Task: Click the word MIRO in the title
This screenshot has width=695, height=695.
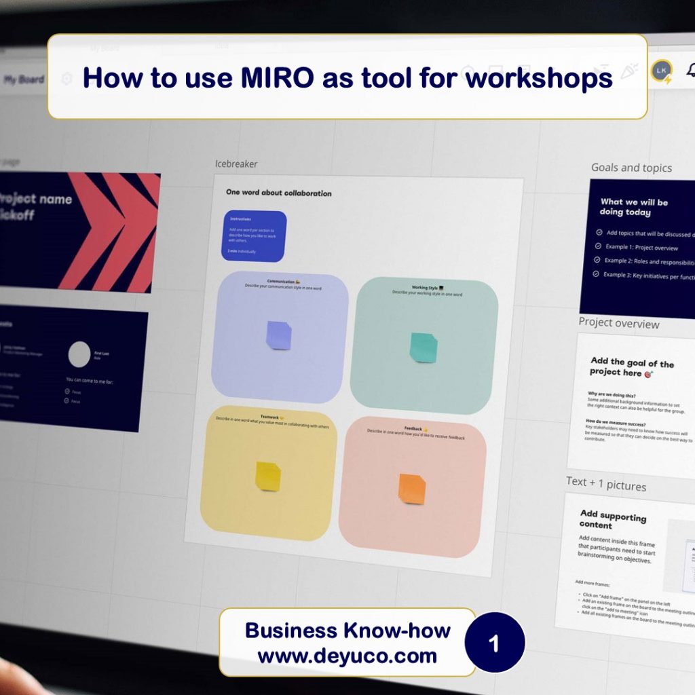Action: click(278, 78)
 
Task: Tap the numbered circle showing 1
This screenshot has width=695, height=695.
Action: click(494, 643)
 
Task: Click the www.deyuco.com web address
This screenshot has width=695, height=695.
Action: click(347, 656)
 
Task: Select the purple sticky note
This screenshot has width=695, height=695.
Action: click(278, 335)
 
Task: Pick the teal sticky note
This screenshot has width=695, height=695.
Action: click(423, 347)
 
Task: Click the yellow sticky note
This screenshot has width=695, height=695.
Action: click(267, 476)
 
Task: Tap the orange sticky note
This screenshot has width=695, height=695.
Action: click(412, 489)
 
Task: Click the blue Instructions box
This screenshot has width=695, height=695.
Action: click(255, 236)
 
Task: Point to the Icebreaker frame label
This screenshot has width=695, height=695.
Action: click(236, 164)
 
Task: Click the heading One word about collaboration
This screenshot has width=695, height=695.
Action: click(279, 193)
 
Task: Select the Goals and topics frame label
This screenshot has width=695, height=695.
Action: click(631, 168)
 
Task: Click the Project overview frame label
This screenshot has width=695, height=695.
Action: click(618, 323)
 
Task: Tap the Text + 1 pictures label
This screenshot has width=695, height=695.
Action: click(606, 483)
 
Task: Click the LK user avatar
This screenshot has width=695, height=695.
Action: click(661, 71)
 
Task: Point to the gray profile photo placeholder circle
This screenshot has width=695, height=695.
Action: click(79, 354)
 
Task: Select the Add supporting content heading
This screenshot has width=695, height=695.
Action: click(612, 520)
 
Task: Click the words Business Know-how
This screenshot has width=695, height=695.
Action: click(347, 631)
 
